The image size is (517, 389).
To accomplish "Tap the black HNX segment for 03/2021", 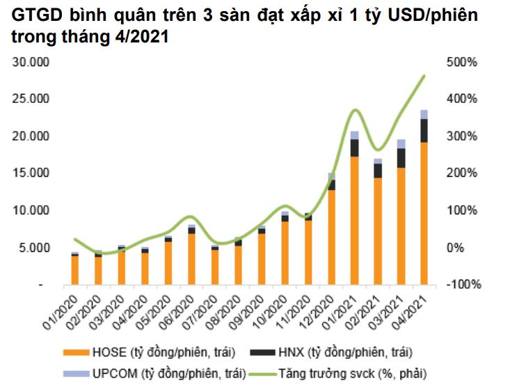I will tap(401, 158).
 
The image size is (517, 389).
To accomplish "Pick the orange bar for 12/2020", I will tap(332, 237).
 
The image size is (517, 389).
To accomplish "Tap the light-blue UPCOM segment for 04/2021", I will tap(423, 114).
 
